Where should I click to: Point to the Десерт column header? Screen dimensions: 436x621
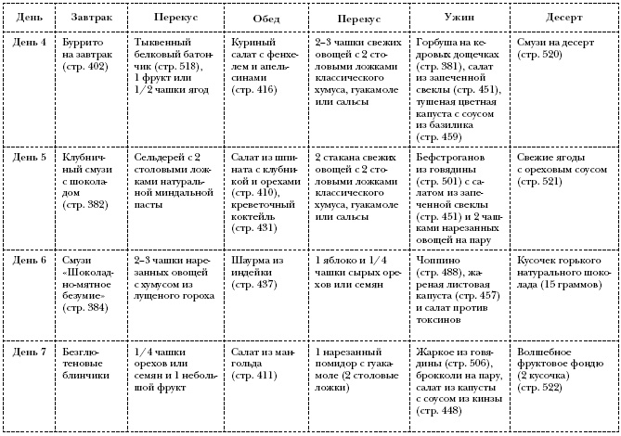563,19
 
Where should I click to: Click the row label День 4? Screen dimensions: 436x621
31,44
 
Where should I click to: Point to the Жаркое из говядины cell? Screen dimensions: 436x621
459,381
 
